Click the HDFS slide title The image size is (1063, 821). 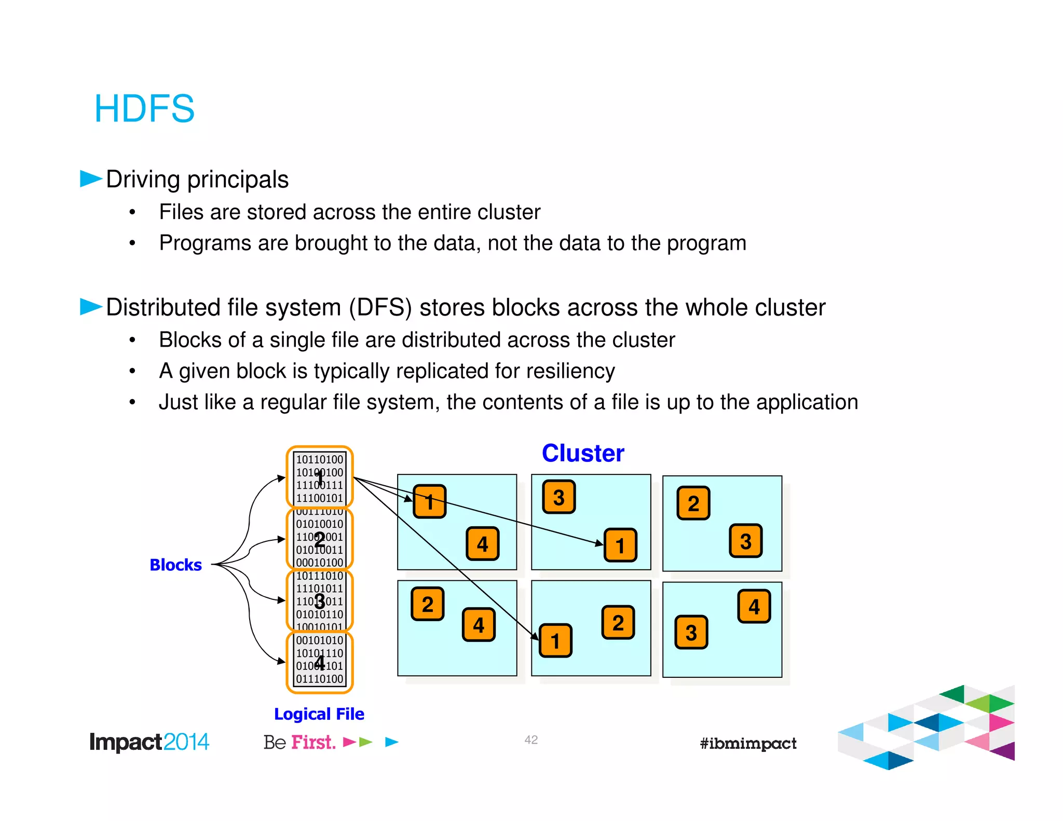coord(144,108)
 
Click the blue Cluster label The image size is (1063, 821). coord(582,453)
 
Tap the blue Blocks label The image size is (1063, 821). coord(175,565)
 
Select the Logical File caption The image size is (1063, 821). coord(319,714)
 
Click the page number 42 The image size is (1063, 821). coord(531,740)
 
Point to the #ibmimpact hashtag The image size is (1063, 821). coord(747,743)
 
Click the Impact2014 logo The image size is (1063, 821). coord(149,742)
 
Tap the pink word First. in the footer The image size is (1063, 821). coord(313,742)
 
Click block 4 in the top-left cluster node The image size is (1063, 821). coord(482,544)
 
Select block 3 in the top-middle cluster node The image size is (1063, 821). coord(558,497)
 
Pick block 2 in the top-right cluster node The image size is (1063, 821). coord(693,503)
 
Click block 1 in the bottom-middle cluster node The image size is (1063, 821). coord(555,640)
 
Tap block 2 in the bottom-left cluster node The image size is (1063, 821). coord(427,604)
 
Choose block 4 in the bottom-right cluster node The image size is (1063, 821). coord(754,606)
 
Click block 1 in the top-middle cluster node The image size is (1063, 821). coord(620,545)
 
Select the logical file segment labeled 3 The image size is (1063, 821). coord(320,601)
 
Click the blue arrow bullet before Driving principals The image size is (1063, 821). coord(91,179)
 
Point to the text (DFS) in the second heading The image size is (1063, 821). coord(380,307)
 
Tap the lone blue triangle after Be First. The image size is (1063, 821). coord(391,742)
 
